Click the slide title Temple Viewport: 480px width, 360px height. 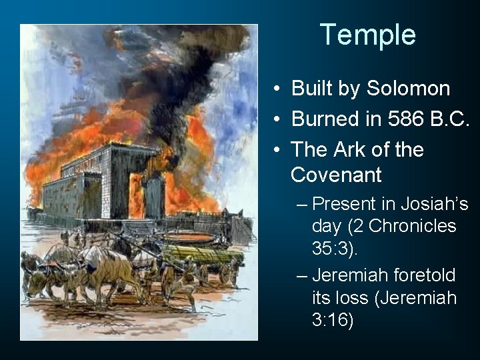[368, 35]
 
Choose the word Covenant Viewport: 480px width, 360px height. [336, 175]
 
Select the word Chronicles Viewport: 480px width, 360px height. [412, 226]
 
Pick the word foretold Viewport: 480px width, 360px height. [433, 274]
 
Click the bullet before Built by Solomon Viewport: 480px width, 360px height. [275, 89]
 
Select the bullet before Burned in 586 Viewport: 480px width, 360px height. [275, 120]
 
